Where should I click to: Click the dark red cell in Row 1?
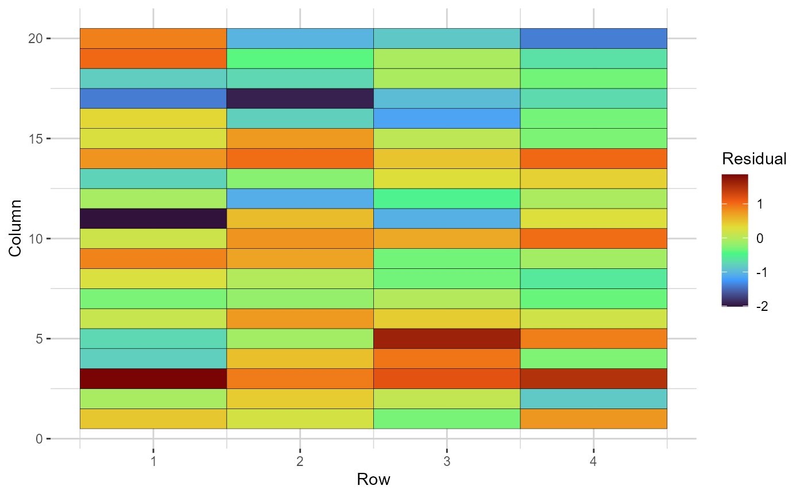point(153,379)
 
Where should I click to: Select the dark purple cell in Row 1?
point(153,218)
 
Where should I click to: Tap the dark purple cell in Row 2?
point(300,98)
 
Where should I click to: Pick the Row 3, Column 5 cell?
point(447,338)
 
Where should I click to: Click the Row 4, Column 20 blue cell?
point(593,38)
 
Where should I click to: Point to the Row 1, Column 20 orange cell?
point(153,38)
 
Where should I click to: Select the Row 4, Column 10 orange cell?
point(593,238)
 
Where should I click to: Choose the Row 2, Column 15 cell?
point(300,138)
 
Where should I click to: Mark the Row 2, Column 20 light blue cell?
point(300,38)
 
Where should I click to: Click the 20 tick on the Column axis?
point(36,38)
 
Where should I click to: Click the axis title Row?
point(373,479)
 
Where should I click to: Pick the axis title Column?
point(16,228)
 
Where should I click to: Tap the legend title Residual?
point(754,159)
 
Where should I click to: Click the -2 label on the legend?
point(763,306)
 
